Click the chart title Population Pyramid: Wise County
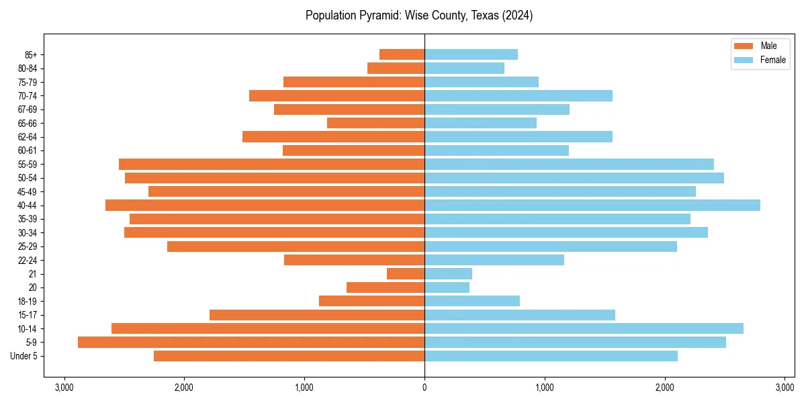click(x=419, y=15)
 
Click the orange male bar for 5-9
click(x=251, y=342)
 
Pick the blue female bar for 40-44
click(x=592, y=205)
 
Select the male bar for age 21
click(x=406, y=273)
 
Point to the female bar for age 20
click(x=447, y=287)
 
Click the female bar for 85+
click(x=471, y=54)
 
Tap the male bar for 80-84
click(x=396, y=68)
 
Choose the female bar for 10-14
click(x=584, y=328)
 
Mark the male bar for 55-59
click(x=271, y=164)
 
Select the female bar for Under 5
click(x=551, y=356)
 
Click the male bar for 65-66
click(x=375, y=123)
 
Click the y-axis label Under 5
click(x=24, y=356)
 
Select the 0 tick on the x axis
click(x=424, y=388)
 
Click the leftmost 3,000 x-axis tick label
click(x=64, y=388)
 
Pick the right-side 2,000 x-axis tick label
click(x=665, y=388)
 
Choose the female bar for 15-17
click(x=520, y=315)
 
